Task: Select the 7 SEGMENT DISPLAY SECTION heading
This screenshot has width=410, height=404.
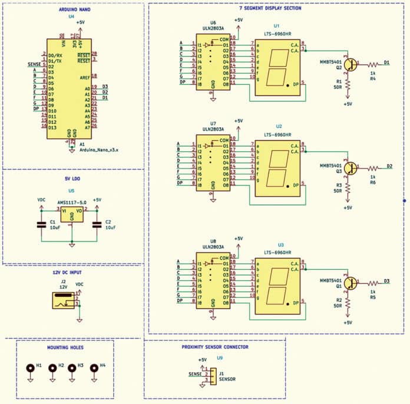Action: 270,9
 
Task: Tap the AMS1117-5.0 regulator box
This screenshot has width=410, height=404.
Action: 71,214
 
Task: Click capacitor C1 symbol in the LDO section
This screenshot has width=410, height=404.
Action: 41,224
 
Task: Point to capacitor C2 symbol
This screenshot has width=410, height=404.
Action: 98,224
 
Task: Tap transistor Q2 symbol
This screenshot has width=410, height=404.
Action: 351,65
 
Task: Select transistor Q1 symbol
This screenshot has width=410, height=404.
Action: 351,284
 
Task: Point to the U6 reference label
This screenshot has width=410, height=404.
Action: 213,22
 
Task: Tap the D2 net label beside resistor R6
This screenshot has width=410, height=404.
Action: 389,166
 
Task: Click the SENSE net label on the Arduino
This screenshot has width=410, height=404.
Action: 34,64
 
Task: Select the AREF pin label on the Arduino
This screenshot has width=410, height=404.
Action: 85,77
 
